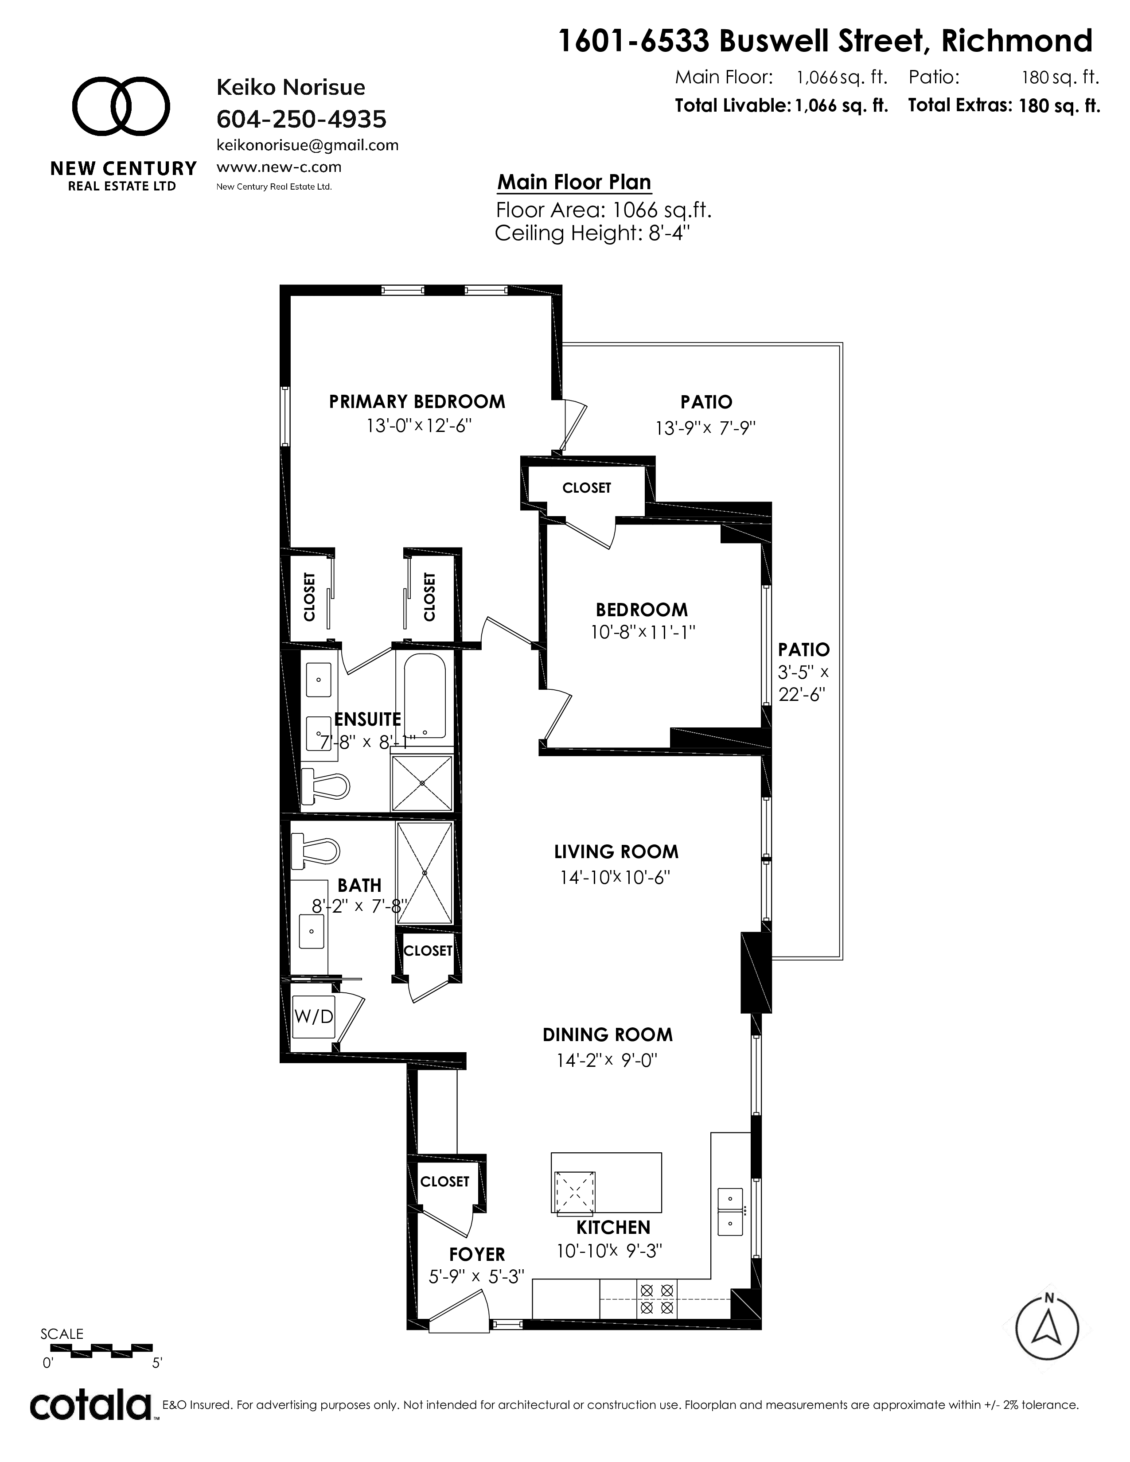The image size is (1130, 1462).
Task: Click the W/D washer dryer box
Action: tap(313, 1016)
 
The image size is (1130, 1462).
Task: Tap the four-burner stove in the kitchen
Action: tap(657, 1298)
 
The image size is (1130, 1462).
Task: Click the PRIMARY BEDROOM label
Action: tap(417, 402)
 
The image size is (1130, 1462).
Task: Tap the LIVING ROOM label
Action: tap(616, 852)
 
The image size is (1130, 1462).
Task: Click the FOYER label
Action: tap(477, 1254)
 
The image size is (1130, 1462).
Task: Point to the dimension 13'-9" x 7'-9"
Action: tap(705, 427)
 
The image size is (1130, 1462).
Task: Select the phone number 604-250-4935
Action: tap(302, 119)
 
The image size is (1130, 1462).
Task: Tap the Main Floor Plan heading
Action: tap(574, 183)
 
